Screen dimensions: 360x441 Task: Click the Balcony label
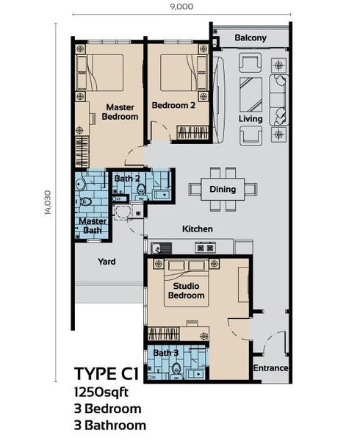click(251, 38)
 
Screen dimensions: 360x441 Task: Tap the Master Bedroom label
click(120, 112)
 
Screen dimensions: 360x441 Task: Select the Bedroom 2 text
click(173, 105)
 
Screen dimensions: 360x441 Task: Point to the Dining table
click(223, 189)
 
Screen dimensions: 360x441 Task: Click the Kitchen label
click(198, 229)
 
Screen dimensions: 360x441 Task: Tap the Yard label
click(107, 262)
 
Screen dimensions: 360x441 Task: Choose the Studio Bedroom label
click(186, 291)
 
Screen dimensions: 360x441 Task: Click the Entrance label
click(270, 368)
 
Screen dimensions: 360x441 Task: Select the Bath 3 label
click(165, 353)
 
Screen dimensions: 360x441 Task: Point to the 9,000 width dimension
click(181, 6)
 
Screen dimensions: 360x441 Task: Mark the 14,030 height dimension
click(48, 203)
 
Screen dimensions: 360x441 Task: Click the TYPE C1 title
click(107, 374)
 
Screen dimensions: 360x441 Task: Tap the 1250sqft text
click(101, 392)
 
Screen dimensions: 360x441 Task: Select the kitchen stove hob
click(206, 248)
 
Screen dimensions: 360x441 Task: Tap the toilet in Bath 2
click(140, 191)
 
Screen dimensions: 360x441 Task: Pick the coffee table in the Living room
click(251, 95)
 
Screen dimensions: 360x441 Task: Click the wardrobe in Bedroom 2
click(193, 133)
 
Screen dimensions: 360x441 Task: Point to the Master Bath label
click(93, 226)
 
